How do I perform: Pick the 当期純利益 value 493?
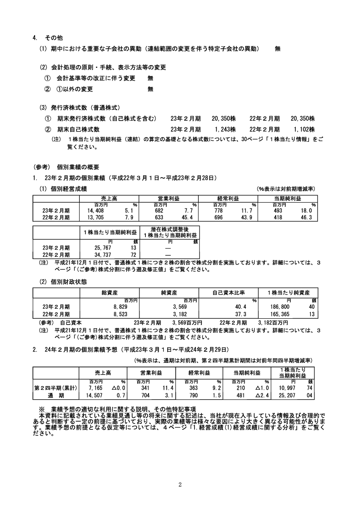[278, 210]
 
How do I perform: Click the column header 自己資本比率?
[229, 292]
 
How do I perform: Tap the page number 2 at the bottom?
[180, 484]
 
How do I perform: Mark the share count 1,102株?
[304, 129]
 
